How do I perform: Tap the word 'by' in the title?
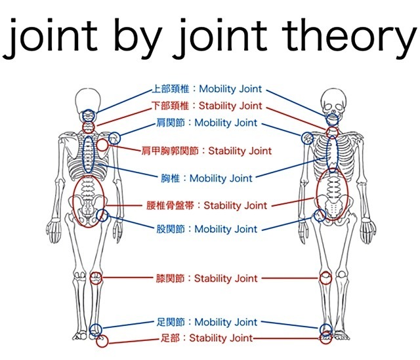click(x=138, y=37)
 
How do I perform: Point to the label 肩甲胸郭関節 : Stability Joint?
click(x=207, y=151)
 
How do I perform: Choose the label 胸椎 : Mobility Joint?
click(x=207, y=178)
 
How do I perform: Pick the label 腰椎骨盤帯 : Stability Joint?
click(x=207, y=205)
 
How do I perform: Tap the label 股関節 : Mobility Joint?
click(x=207, y=229)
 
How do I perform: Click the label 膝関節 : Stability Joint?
click(x=207, y=279)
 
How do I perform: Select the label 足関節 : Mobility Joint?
click(x=207, y=322)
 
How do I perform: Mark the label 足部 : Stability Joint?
click(x=207, y=338)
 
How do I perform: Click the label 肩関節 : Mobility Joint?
click(x=207, y=123)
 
